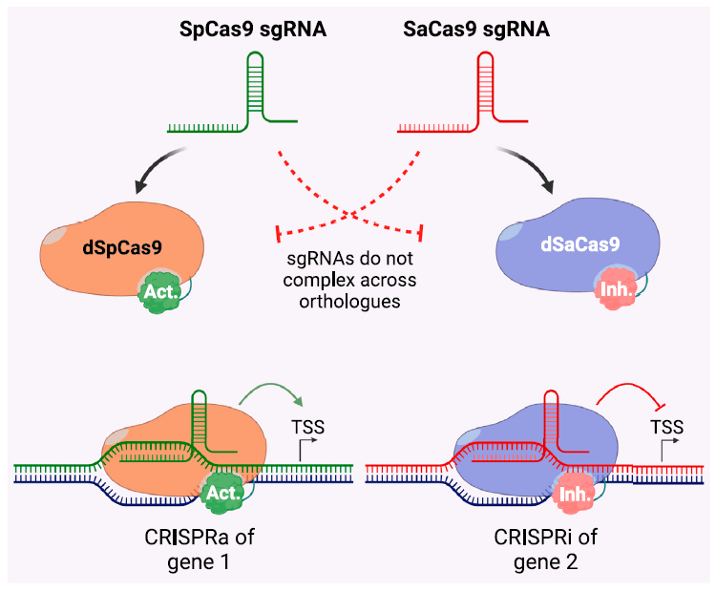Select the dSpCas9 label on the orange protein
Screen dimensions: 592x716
pyautogui.click(x=121, y=247)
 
